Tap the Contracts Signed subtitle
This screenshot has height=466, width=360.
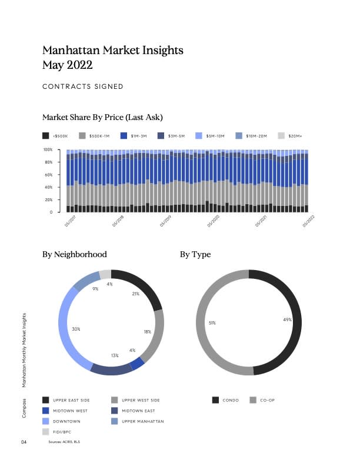pos(83,86)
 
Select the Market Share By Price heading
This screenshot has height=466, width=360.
pos(102,118)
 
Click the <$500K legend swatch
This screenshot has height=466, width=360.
pos(46,136)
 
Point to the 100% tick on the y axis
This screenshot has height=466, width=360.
pos(48,150)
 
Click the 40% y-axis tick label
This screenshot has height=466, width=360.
pos(49,187)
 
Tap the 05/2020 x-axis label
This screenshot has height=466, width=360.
pos(213,220)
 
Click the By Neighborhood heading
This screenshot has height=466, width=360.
pos(75,255)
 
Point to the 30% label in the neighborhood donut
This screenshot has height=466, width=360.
pos(76,328)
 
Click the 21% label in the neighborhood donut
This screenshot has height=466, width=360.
pos(136,293)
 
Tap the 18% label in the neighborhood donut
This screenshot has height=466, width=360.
pos(148,332)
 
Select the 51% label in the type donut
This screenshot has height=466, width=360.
pos(212,322)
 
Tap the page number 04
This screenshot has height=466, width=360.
pos(24,441)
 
